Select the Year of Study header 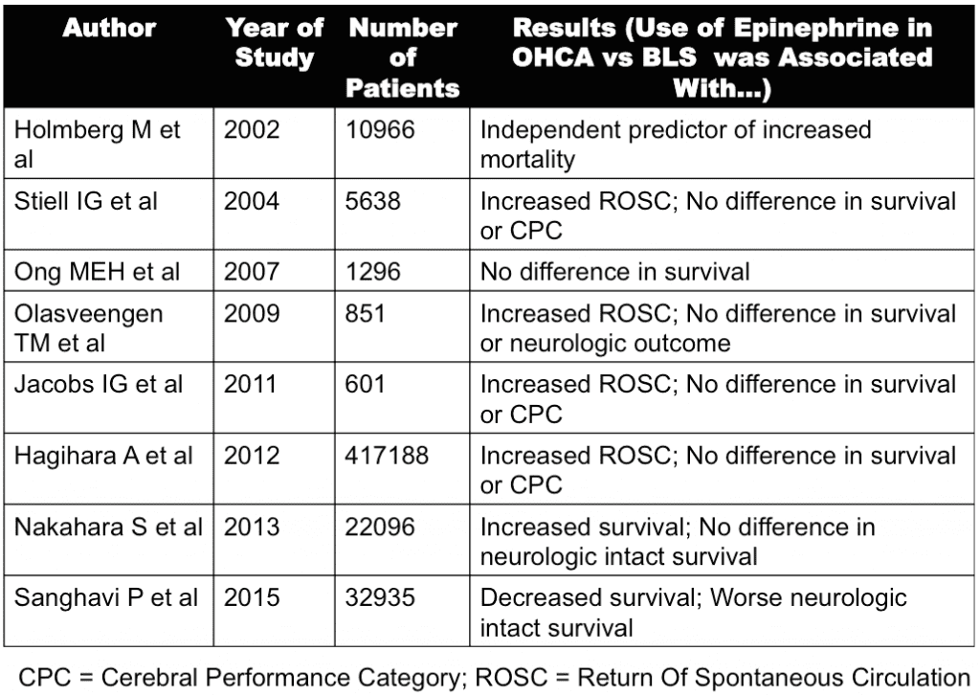275,42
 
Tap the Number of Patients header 402,57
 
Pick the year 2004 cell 252,202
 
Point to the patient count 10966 381,129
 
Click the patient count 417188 388,457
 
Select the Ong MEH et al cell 98,272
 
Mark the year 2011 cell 252,385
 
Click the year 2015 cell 252,598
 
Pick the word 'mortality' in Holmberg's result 527,159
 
